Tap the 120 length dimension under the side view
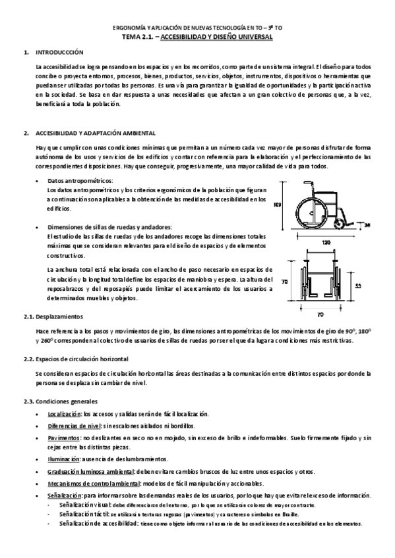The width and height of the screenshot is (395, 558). pyautogui.click(x=326, y=242)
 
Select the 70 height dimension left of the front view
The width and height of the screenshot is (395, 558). pyautogui.click(x=285, y=280)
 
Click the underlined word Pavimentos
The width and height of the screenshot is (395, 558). pyautogui.click(x=63, y=437)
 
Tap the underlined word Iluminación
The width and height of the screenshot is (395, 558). pyautogui.click(x=63, y=459)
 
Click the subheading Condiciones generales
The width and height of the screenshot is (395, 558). pyautogui.click(x=67, y=401)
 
